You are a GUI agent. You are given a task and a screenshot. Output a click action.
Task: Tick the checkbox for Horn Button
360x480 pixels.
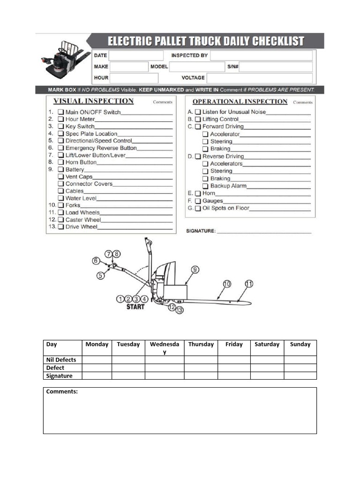click(61, 162)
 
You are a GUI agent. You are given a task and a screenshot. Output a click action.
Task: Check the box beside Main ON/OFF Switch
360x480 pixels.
click(61, 112)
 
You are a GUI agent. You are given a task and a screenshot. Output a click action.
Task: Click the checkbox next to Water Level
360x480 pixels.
click(61, 198)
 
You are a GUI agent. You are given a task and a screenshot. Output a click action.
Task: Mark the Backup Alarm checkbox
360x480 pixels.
click(205, 186)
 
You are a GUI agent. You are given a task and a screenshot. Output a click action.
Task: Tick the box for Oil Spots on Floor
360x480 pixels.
click(198, 208)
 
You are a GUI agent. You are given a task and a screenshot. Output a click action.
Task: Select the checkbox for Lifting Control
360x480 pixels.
click(198, 119)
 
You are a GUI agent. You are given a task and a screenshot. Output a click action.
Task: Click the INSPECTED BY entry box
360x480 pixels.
click(261, 55)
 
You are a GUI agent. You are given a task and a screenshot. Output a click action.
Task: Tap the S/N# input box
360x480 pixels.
click(276, 67)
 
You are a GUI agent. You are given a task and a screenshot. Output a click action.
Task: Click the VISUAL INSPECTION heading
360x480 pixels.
click(93, 101)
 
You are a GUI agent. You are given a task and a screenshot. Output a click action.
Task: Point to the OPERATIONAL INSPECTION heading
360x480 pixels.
click(240, 101)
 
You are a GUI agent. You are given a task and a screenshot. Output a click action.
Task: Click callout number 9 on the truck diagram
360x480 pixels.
click(195, 269)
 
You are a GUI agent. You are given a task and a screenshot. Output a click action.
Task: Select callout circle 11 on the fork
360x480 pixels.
click(249, 284)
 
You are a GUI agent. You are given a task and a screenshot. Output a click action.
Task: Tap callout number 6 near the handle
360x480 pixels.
click(96, 261)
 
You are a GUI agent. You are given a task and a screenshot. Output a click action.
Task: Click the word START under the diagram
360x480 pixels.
click(135, 307)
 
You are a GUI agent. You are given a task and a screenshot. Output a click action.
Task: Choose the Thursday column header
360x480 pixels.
click(201, 344)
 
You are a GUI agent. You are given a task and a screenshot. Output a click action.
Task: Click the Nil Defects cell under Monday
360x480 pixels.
click(97, 360)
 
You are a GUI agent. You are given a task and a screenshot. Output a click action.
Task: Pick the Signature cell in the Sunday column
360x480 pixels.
click(300, 375)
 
